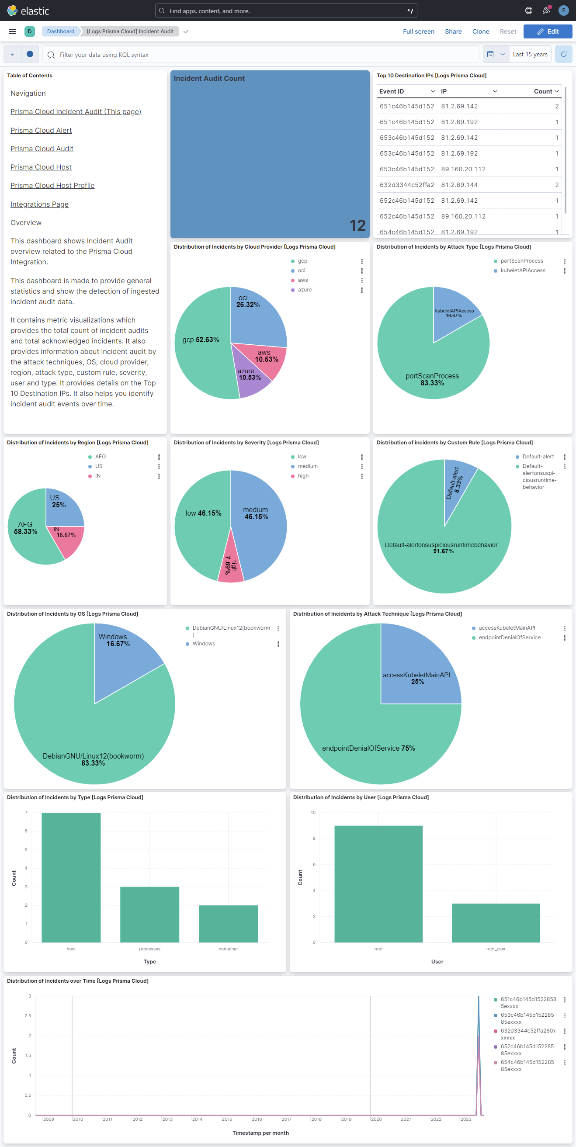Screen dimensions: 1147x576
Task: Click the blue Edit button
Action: (548, 31)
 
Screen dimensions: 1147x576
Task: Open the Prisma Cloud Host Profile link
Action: (52, 186)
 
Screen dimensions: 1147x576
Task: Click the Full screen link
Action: (418, 31)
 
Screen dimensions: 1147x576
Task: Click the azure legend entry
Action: (305, 290)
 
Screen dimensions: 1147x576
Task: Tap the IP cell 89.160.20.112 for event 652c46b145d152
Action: (463, 216)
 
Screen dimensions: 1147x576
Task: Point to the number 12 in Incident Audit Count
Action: (357, 226)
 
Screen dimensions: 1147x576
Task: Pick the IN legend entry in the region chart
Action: (97, 476)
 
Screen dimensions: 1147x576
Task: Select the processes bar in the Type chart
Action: (149, 914)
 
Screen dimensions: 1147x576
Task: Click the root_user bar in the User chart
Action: (496, 922)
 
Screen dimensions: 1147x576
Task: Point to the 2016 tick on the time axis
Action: (257, 1119)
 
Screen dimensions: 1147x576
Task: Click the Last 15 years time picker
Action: (530, 54)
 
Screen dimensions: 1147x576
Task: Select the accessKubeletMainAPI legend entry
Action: (507, 628)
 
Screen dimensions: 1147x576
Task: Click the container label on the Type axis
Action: (228, 949)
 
